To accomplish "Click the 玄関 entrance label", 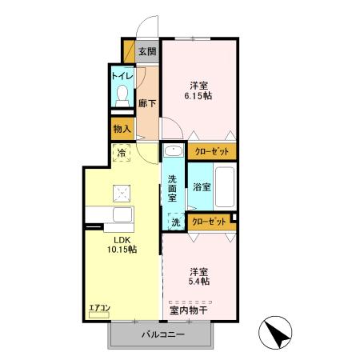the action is pyautogui.click(x=147, y=51).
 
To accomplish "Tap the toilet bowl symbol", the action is pyautogui.click(x=122, y=96).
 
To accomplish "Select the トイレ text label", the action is pyautogui.click(x=122, y=76).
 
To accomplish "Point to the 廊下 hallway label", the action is pyautogui.click(x=147, y=103).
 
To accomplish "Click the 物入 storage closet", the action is pyautogui.click(x=122, y=129).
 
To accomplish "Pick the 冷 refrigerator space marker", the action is pyautogui.click(x=122, y=153).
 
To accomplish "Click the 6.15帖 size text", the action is pyautogui.click(x=198, y=95).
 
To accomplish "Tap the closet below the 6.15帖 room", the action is pyautogui.click(x=212, y=151).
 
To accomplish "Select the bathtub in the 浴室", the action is pyautogui.click(x=225, y=186).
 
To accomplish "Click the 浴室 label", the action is pyautogui.click(x=202, y=186).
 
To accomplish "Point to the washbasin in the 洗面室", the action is pyautogui.click(x=174, y=151).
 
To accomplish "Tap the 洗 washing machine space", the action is pyautogui.click(x=175, y=222).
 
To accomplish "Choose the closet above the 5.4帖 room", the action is pyautogui.click(x=210, y=222).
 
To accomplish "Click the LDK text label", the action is pyautogui.click(x=122, y=240).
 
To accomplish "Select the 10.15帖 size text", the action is pyautogui.click(x=122, y=250).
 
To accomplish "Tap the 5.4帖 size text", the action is pyautogui.click(x=199, y=282).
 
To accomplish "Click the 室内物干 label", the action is pyautogui.click(x=189, y=310).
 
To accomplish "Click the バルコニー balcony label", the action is pyautogui.click(x=163, y=334).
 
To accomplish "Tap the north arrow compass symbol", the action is pyautogui.click(x=275, y=333).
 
